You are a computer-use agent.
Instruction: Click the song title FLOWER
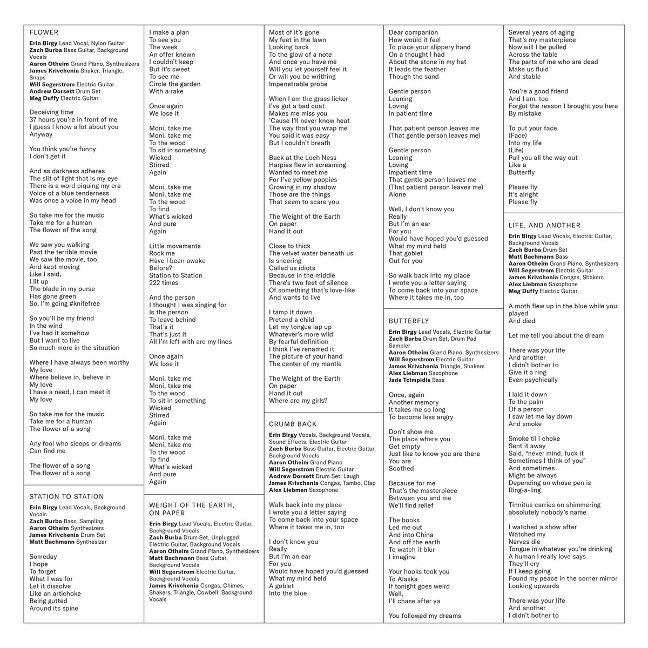(44, 32)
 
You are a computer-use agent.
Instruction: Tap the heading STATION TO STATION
(66, 497)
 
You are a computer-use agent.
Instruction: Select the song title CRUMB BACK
(293, 424)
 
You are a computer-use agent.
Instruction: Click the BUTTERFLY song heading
(409, 321)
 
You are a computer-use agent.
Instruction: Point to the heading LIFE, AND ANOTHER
(544, 225)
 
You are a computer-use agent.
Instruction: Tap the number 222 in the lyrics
(157, 282)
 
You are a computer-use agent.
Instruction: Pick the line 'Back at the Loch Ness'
(302, 158)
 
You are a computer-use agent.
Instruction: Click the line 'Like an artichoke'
(55, 593)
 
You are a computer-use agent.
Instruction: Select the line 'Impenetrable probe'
(298, 84)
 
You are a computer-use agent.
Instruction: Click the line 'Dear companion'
(413, 32)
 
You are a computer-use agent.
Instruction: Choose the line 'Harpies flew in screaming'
(307, 165)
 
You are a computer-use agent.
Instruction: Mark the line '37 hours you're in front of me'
(73, 120)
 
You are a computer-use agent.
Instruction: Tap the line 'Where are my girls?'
(298, 401)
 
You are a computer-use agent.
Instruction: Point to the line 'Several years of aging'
(541, 32)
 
